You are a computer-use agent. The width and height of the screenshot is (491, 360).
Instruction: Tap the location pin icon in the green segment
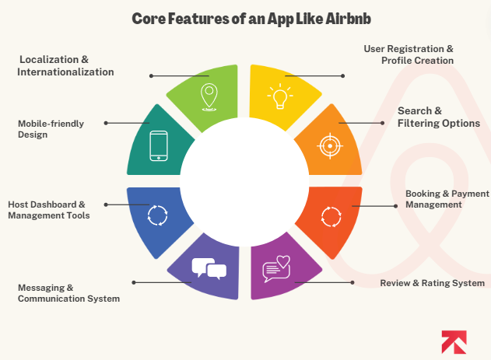click(x=208, y=96)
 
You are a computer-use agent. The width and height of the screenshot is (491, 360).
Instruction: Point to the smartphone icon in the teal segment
click(x=159, y=145)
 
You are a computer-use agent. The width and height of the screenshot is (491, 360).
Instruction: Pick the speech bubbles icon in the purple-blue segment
click(x=209, y=267)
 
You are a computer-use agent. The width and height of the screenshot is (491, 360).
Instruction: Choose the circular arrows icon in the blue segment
click(x=158, y=214)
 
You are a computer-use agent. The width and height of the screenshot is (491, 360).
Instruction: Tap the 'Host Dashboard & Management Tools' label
click(x=49, y=210)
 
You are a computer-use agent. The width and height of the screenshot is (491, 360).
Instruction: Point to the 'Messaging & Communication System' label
click(x=69, y=292)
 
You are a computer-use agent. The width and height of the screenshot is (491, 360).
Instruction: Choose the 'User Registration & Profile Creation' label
click(x=409, y=54)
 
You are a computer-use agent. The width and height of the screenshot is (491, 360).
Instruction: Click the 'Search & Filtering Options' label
click(x=439, y=117)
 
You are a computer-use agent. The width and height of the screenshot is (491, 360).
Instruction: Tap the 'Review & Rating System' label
click(x=432, y=283)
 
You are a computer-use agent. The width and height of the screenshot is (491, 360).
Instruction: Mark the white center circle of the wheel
click(x=244, y=180)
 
